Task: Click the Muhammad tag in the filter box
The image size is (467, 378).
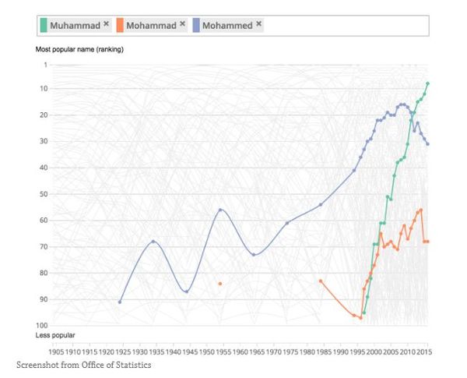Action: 75,26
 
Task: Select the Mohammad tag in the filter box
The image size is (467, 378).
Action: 151,26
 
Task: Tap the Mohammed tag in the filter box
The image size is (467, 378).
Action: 227,26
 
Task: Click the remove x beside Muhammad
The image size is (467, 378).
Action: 106,24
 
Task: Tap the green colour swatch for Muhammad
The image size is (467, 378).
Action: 44,26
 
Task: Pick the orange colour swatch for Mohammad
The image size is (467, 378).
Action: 120,26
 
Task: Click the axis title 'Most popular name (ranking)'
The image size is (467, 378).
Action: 79,50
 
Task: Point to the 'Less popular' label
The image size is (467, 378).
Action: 55,335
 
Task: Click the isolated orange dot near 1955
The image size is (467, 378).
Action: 220,284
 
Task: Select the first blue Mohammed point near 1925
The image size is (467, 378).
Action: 120,302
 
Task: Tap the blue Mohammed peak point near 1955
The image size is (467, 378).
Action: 221,210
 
